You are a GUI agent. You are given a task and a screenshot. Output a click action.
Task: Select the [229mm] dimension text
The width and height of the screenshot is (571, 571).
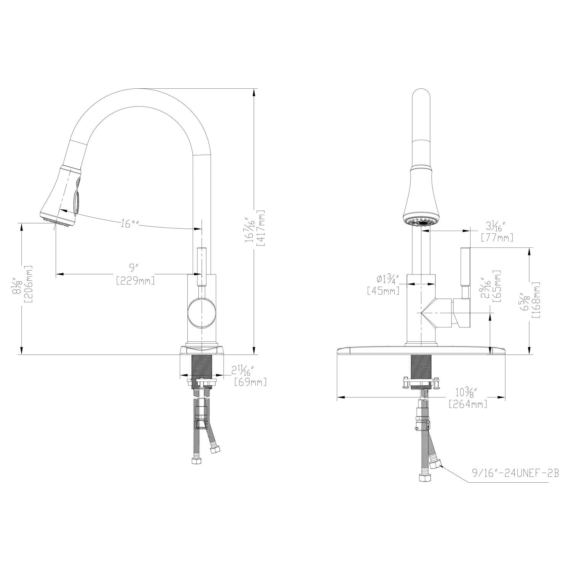[x=135, y=281]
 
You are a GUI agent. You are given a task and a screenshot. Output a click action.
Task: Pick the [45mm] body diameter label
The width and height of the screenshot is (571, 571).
[x=383, y=291]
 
